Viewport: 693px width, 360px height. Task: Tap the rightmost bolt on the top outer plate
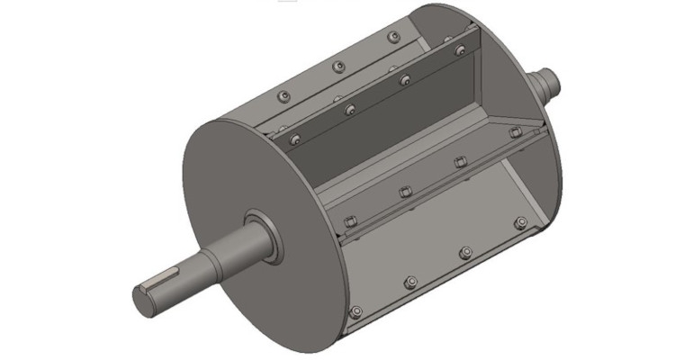392,37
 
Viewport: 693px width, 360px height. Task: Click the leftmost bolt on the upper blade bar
293,139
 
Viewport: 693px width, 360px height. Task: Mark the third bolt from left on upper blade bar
405,79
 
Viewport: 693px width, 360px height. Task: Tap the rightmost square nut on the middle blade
515,132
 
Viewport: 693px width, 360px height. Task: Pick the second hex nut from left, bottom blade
410,282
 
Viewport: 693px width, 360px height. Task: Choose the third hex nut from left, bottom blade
465,251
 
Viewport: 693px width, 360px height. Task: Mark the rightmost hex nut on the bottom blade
519,222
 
